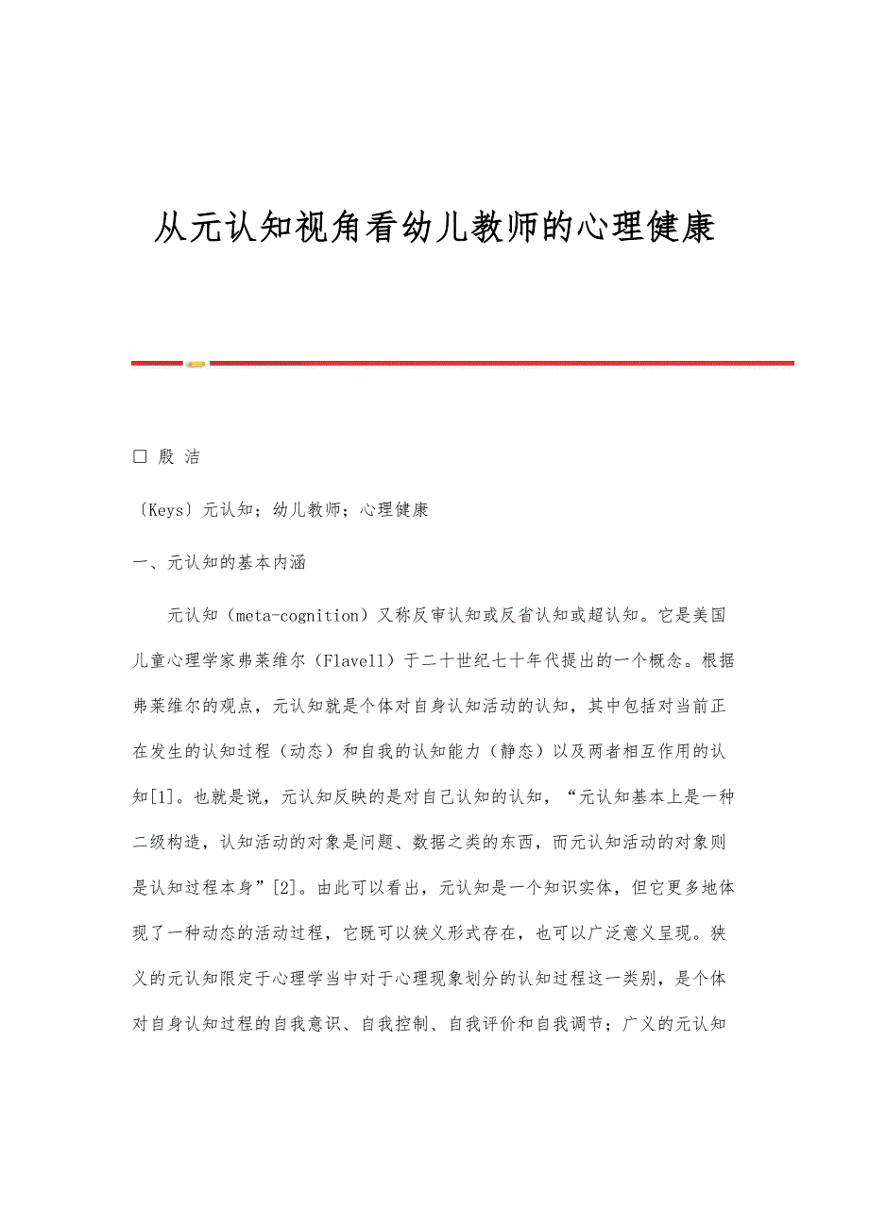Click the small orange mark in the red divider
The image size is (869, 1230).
pyautogui.click(x=196, y=364)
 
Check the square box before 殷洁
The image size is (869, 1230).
pyautogui.click(x=141, y=456)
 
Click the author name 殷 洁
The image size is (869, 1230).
pyautogui.click(x=179, y=457)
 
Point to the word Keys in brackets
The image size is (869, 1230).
pyautogui.click(x=166, y=510)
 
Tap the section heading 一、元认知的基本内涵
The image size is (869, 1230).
pyautogui.click(x=219, y=563)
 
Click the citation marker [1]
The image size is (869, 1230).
pyautogui.click(x=163, y=796)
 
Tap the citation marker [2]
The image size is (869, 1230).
pyautogui.click(x=285, y=887)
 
